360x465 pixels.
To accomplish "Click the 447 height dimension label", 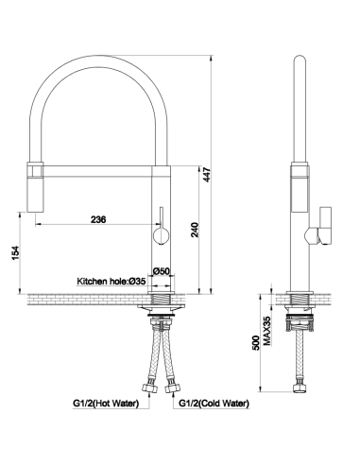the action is [x=206, y=175].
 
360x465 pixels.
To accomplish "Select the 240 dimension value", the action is [x=196, y=230].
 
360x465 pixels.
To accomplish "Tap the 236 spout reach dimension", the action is [x=98, y=219].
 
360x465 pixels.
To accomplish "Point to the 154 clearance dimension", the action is [x=15, y=253].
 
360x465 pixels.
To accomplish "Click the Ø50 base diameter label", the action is [x=162, y=271].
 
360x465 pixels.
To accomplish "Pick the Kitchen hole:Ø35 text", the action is [x=111, y=281].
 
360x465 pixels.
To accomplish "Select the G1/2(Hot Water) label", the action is [x=106, y=403].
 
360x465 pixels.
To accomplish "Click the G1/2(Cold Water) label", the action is [x=214, y=403].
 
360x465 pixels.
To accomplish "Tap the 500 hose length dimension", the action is [x=256, y=343].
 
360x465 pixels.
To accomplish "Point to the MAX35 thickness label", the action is [x=266, y=331].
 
